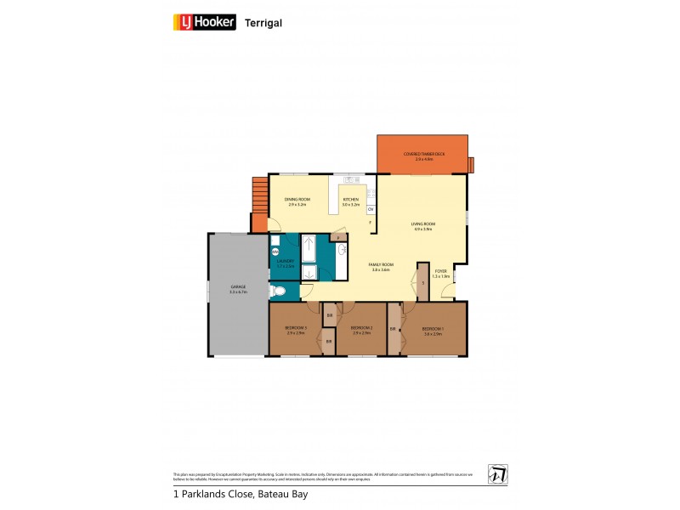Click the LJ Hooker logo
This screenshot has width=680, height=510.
point(205,23)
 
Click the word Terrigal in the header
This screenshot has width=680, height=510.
point(263,24)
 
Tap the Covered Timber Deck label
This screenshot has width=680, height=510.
point(423,156)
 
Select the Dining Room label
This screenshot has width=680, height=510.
point(298,201)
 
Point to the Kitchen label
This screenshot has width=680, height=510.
point(351,201)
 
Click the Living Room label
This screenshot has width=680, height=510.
point(422,225)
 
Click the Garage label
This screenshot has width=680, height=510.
point(237,289)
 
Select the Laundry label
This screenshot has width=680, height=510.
point(285,263)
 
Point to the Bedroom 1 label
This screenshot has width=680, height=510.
point(433,329)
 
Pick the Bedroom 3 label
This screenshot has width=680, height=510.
point(295,329)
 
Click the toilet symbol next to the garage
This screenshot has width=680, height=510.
point(278,292)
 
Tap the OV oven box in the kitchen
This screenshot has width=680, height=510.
point(371,209)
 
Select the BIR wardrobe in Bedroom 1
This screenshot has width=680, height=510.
point(394,328)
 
